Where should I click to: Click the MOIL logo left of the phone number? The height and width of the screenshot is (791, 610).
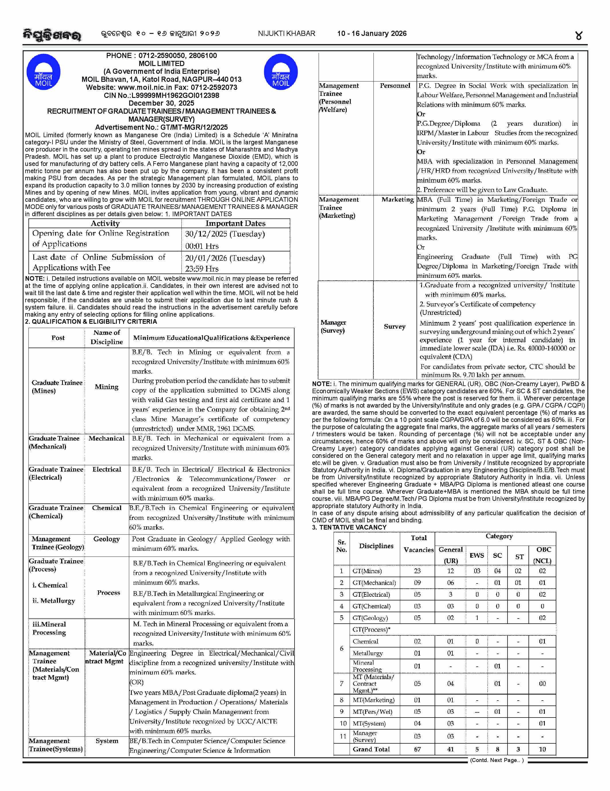43,72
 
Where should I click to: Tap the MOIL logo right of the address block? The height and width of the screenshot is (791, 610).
281,72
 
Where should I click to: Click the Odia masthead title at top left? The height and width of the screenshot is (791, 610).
52,35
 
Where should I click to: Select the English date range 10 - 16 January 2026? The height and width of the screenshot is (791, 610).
372,34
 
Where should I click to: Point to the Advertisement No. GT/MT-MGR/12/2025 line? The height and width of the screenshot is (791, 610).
161,127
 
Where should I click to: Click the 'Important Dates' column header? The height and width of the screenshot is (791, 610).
235,224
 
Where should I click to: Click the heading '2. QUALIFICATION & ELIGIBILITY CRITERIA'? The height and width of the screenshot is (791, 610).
91,322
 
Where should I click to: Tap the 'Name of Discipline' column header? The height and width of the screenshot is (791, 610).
106,337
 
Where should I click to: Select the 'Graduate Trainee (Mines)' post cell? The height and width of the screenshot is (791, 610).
57,386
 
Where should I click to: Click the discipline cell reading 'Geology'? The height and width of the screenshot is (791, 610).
106,539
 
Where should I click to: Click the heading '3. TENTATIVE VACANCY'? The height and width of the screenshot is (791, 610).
349,527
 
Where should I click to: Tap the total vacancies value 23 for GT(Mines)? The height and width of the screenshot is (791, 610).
417,571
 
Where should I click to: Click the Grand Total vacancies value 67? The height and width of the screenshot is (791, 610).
417,749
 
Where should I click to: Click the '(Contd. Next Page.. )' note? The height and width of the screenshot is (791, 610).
496,760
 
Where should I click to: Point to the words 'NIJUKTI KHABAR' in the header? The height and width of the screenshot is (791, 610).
286,34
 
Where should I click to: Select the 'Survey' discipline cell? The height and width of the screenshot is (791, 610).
394,326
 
